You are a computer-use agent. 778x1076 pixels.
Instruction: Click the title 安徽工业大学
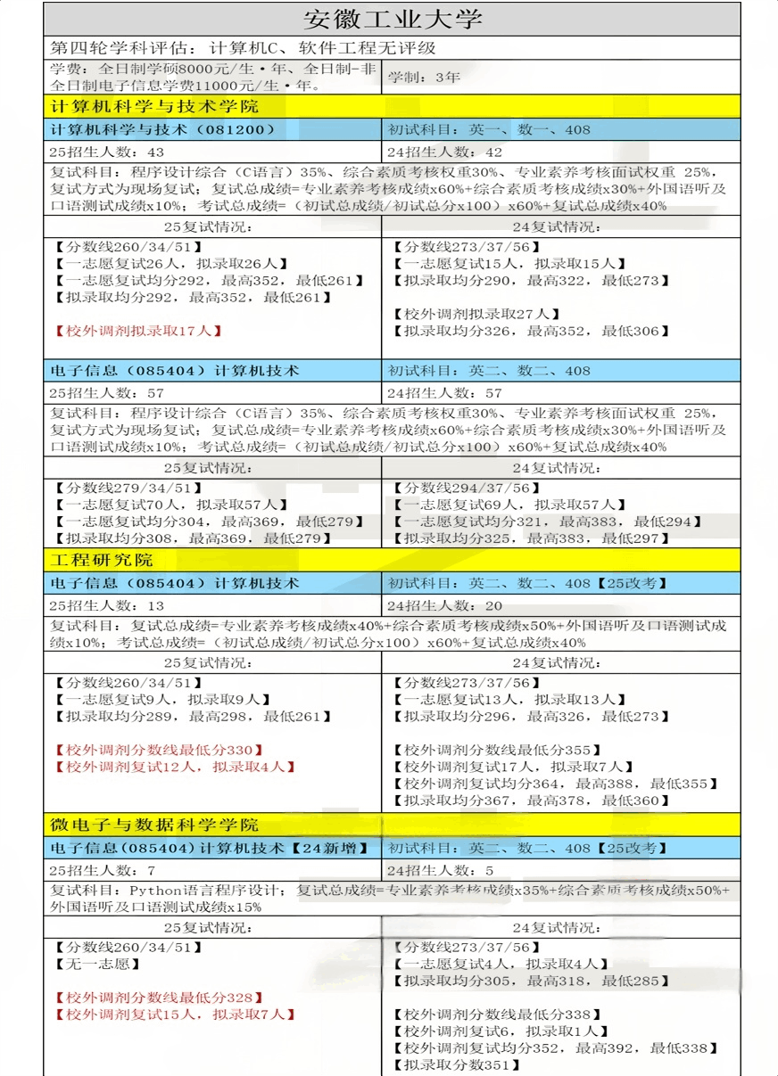point(393,19)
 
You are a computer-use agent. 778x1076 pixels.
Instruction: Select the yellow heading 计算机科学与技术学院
point(154,107)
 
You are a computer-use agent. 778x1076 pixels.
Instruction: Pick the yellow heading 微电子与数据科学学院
point(154,824)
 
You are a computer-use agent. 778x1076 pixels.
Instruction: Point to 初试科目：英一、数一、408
point(489,130)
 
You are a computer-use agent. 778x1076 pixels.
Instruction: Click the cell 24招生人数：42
point(445,152)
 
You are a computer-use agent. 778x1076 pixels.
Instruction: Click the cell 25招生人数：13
point(106,606)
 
